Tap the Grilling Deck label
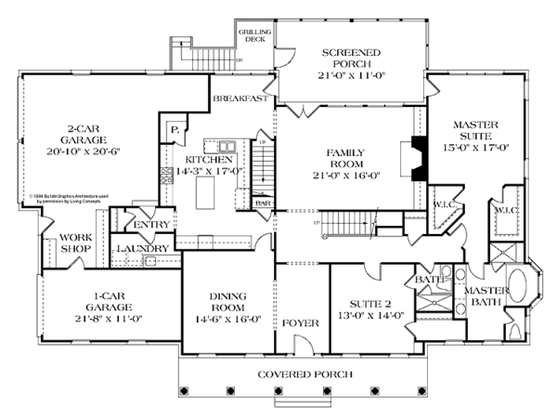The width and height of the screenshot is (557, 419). [x=255, y=38]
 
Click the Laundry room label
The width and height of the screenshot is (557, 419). [x=142, y=248]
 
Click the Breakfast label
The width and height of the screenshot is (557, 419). [x=240, y=98]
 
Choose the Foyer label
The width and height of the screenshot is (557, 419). [x=302, y=323]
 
